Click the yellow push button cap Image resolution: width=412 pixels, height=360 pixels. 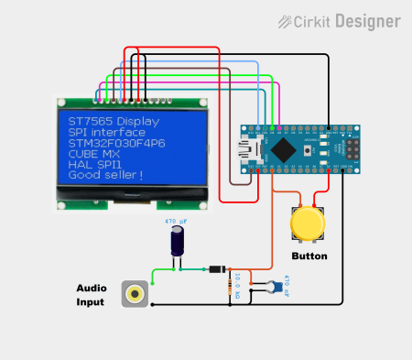tap(307, 224)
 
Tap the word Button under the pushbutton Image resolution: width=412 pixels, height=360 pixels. tap(309, 256)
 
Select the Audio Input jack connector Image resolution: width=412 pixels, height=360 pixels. tap(137, 294)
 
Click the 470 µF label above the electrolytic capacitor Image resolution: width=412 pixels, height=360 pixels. tap(176, 222)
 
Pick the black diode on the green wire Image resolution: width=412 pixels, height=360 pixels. tap(215, 269)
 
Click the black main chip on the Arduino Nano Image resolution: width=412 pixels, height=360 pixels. tap(289, 149)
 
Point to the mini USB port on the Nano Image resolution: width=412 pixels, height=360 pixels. tap(249, 149)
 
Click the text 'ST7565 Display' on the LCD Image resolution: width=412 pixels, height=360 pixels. tap(114, 122)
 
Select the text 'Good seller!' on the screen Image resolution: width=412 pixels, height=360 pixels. tap(105, 175)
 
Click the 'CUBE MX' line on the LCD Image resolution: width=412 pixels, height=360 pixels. tap(94, 154)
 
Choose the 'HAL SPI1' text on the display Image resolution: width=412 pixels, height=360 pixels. tap(95, 165)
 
